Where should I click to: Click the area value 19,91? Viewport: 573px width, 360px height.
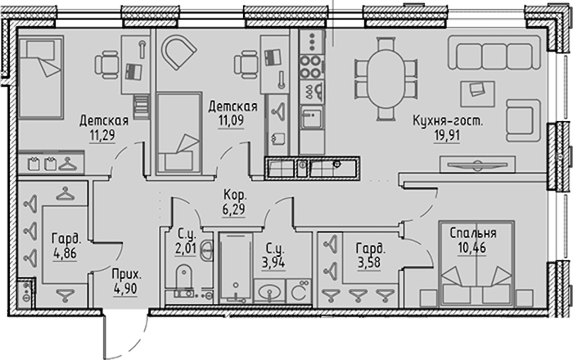pyautogui.click(x=447, y=136)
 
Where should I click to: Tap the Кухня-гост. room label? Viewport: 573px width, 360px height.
pyautogui.click(x=448, y=120)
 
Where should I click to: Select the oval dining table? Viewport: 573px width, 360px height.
pyautogui.click(x=386, y=79)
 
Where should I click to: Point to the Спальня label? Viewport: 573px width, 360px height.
pyautogui.click(x=473, y=233)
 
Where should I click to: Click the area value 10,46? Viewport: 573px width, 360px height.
pyautogui.click(x=471, y=248)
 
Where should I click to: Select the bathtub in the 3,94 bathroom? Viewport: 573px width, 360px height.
pyautogui.click(x=236, y=268)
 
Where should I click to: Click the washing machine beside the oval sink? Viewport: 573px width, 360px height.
pyautogui.click(x=299, y=291)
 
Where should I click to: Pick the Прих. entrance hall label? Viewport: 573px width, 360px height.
pyautogui.click(x=126, y=274)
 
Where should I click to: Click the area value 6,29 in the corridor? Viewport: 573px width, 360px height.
pyautogui.click(x=233, y=209)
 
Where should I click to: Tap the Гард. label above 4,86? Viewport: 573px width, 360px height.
pyautogui.click(x=66, y=239)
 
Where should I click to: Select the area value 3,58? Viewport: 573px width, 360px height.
pyautogui.click(x=370, y=263)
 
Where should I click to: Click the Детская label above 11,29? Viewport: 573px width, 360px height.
pyautogui.click(x=104, y=120)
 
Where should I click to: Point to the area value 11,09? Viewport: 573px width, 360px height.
pyautogui.click(x=231, y=120)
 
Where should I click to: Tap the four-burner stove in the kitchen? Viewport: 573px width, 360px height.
pyautogui.click(x=310, y=67)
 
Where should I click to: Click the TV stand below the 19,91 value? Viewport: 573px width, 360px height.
pyautogui.click(x=477, y=164)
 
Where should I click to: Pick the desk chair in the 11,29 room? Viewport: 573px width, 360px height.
pyautogui.click(x=107, y=65)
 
